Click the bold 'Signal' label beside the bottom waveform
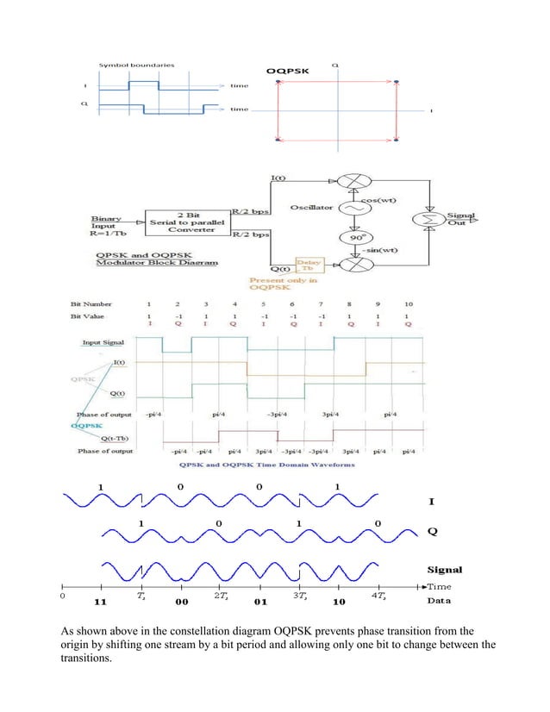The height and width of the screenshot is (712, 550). pos(445,569)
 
